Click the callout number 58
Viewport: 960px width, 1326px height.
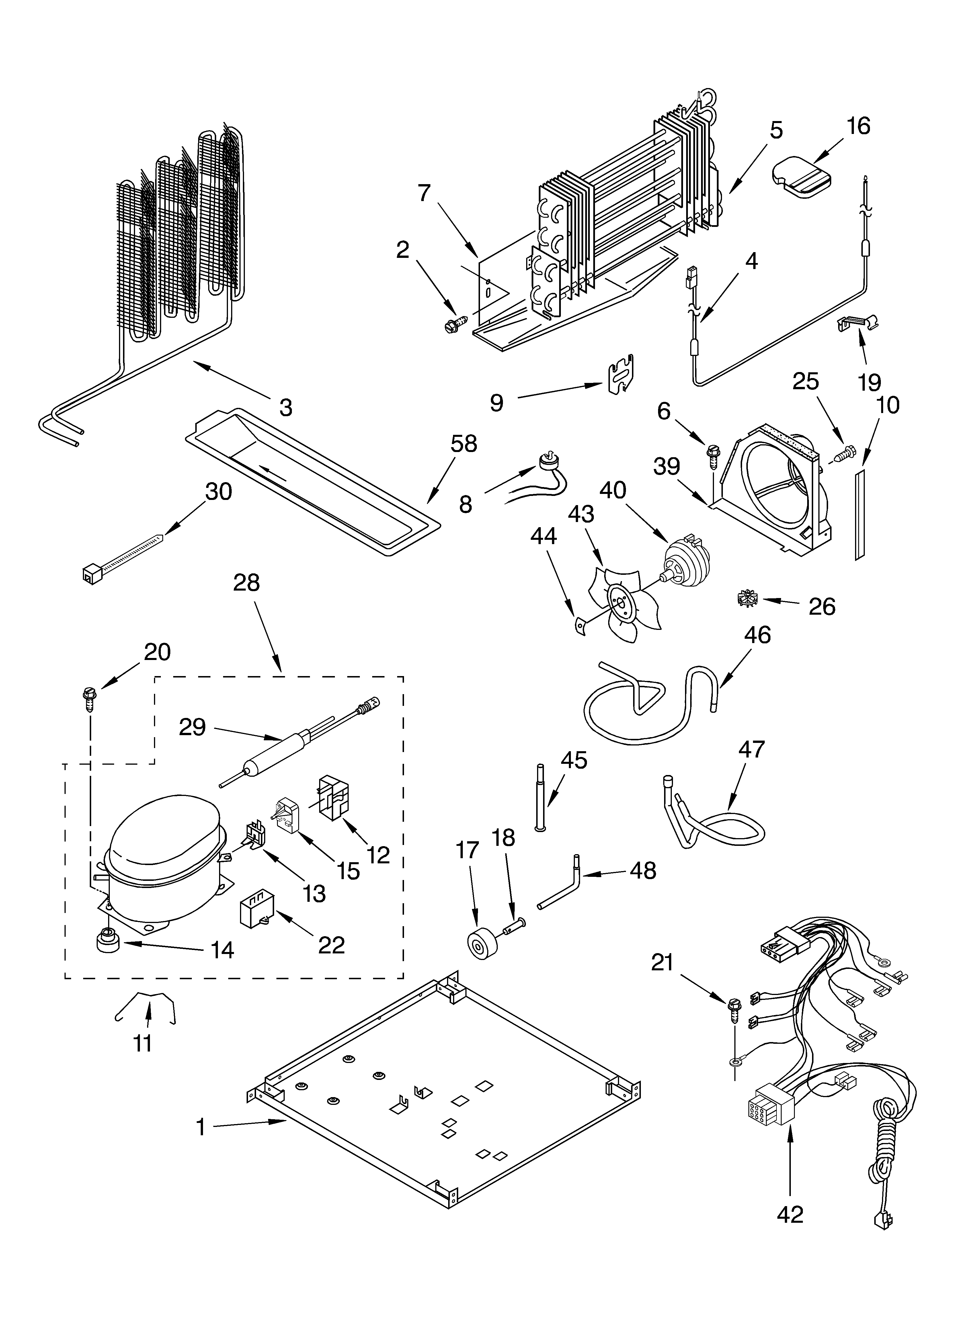(463, 444)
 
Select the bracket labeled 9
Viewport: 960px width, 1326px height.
(621, 374)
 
